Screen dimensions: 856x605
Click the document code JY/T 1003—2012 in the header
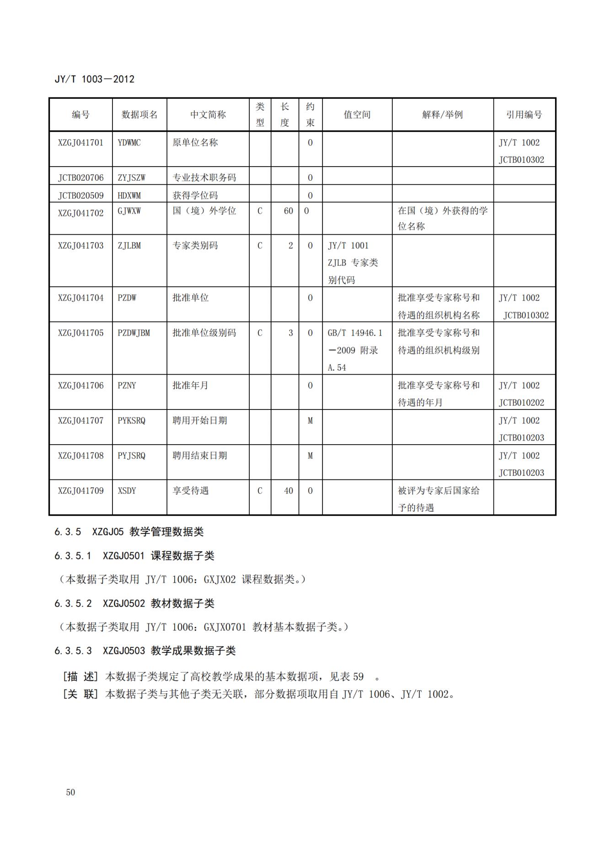pos(94,79)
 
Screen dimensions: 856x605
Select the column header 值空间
pos(357,114)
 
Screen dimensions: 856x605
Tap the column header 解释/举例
pos(442,114)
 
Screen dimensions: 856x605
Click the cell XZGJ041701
pos(80,143)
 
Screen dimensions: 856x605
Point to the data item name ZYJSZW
pos(131,178)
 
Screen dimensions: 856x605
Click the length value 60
pos(288,211)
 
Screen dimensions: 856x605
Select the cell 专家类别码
pos(195,246)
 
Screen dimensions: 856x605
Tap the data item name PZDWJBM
pos(134,333)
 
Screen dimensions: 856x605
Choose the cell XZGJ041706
pos(80,386)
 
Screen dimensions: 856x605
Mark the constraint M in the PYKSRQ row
pos(310,421)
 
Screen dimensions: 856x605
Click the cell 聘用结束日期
pos(199,456)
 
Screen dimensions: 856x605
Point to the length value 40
pos(288,491)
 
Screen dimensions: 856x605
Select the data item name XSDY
pos(127,491)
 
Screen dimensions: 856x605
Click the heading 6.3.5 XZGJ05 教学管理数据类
pos(129,532)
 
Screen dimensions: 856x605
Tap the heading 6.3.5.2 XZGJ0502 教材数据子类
pos(134,603)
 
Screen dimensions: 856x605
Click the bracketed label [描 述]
pos(80,676)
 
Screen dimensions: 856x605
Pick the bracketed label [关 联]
pos(80,694)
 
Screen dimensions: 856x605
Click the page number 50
pos(70,792)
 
